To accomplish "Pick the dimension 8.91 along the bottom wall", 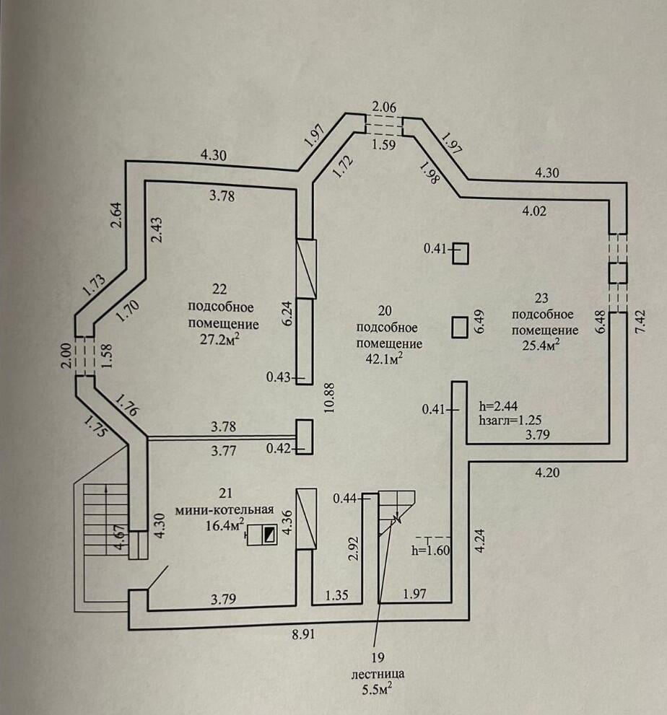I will point(303,636).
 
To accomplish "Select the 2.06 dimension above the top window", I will point(385,105).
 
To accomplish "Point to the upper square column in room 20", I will point(460,253).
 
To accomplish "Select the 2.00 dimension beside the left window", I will point(67,356).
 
